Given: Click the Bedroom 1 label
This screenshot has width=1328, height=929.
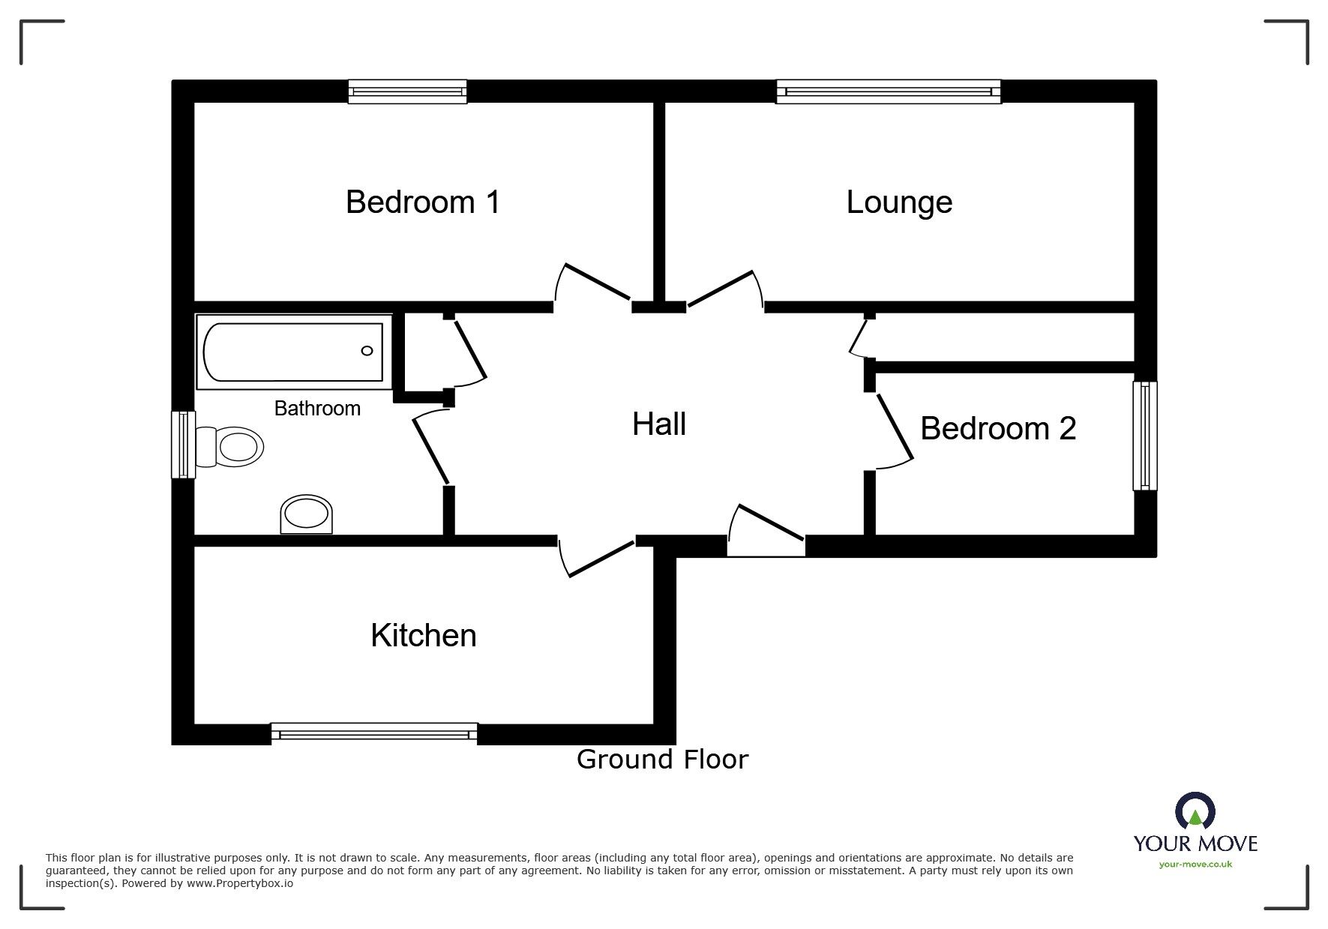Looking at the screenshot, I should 422,202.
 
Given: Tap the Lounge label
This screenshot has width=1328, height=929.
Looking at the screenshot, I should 898,202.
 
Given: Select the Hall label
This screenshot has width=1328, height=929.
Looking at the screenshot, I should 658,424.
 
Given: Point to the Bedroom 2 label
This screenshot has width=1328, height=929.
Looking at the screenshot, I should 997,429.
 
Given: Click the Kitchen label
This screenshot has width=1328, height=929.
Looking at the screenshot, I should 423,636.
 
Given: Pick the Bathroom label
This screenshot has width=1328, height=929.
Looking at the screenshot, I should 317,409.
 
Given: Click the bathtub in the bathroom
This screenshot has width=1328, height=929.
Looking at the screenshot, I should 293,352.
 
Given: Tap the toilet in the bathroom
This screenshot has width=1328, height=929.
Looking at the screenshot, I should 231,447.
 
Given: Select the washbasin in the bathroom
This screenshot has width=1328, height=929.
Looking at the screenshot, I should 306,515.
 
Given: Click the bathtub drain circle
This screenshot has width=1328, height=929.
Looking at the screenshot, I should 367,351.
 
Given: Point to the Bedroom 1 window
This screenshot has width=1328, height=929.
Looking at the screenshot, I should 407,91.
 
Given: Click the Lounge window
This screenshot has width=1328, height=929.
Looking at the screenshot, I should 888,91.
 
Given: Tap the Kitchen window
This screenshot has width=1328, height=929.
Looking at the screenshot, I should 373,733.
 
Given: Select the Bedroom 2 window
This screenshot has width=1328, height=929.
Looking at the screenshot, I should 1144,436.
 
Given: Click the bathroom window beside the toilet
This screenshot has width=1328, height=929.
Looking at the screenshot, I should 183,444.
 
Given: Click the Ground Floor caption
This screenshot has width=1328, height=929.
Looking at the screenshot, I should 662,760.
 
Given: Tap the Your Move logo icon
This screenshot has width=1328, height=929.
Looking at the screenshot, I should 1195,813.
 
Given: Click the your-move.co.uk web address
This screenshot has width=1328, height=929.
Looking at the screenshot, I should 1195,865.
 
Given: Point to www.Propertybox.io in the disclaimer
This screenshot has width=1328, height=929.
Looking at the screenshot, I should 240,884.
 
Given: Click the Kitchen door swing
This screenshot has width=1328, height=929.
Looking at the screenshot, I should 596,559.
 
